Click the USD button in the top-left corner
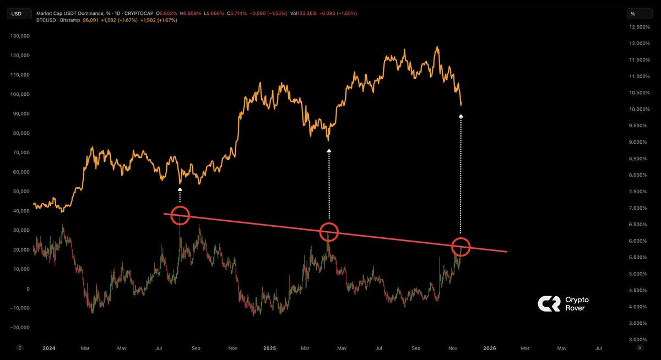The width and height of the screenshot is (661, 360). [17, 14]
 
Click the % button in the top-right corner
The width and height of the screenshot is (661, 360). [633, 14]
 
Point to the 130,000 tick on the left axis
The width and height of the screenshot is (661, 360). [21, 36]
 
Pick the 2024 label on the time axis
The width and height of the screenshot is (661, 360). [49, 348]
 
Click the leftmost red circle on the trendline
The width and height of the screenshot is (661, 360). [180, 216]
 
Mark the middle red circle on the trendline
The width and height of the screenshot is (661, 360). [329, 231]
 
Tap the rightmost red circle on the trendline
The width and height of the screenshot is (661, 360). [461, 246]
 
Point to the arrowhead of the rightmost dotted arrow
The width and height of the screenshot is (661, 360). [461, 116]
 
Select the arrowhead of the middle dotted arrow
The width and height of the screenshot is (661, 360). [329, 150]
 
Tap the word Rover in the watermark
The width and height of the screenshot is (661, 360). [575, 308]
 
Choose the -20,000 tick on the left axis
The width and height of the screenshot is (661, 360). [21, 328]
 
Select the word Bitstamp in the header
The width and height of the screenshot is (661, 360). [69, 20]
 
